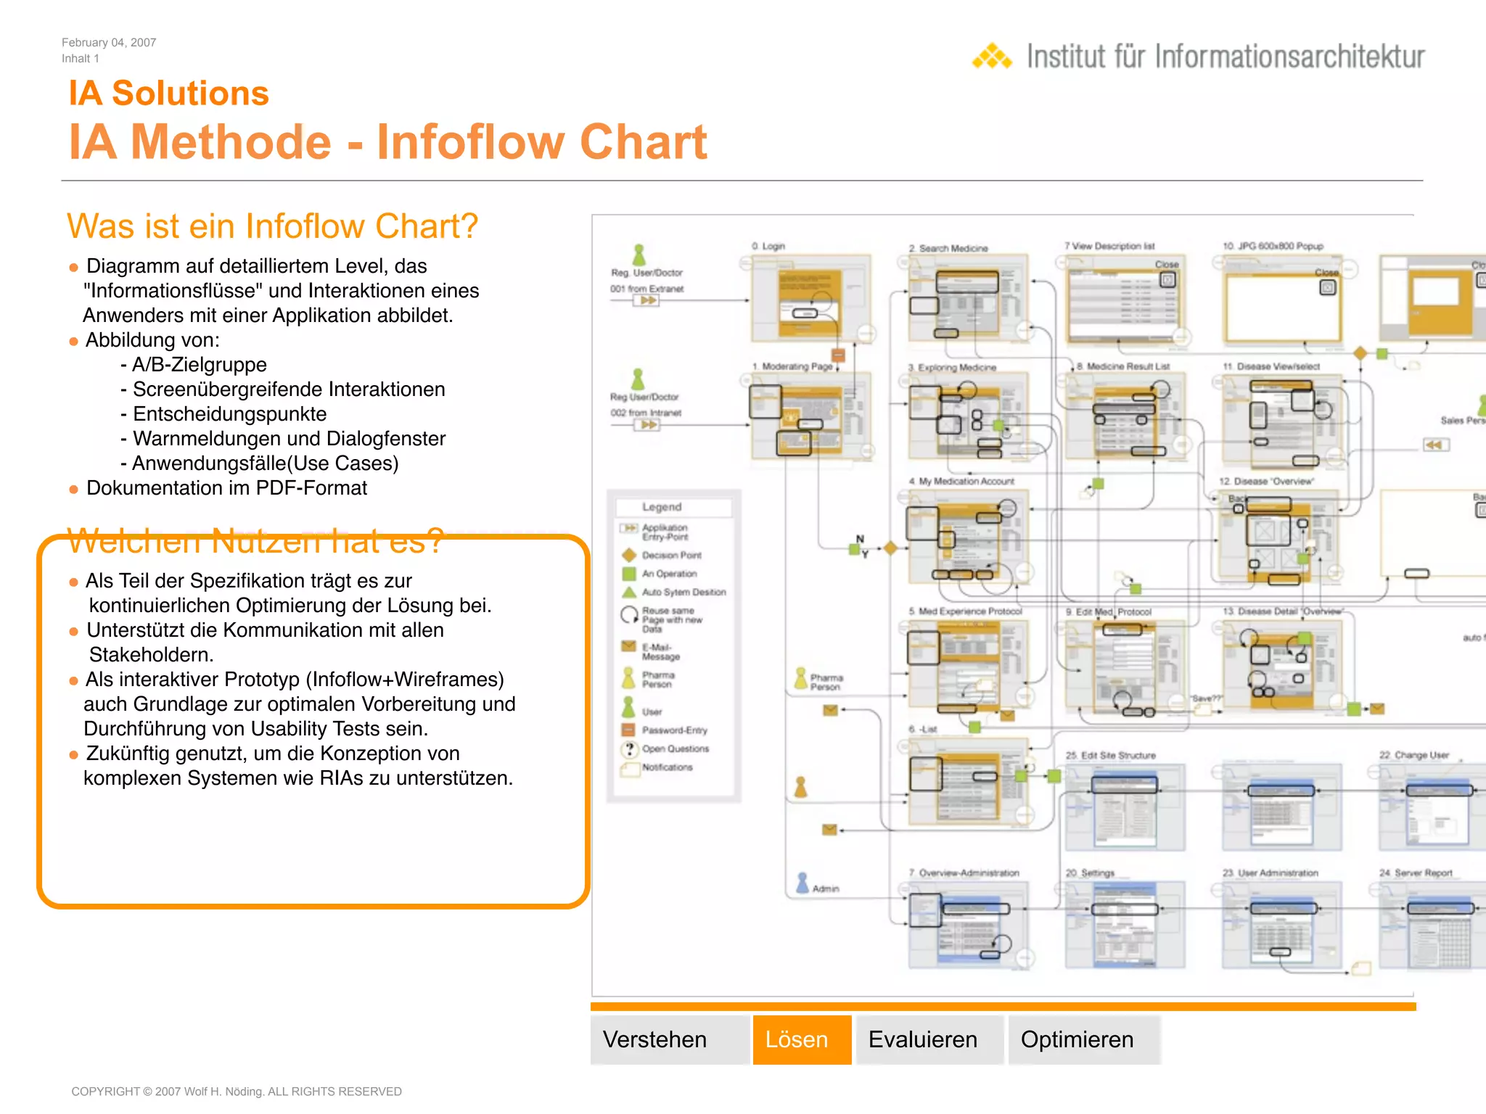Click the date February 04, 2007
click(109, 43)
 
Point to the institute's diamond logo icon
click(992, 57)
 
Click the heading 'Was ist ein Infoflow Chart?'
click(272, 226)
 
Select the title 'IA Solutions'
click(168, 94)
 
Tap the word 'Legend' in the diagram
click(662, 507)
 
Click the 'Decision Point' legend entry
click(671, 556)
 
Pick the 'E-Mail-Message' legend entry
click(660, 651)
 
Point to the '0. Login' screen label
click(768, 247)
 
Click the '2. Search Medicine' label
click(948, 248)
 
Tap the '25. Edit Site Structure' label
click(1110, 755)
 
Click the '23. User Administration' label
click(1270, 873)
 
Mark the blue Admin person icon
click(802, 883)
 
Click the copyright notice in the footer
click(236, 1092)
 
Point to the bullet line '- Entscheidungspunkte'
click(224, 414)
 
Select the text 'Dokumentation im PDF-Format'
click(226, 488)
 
